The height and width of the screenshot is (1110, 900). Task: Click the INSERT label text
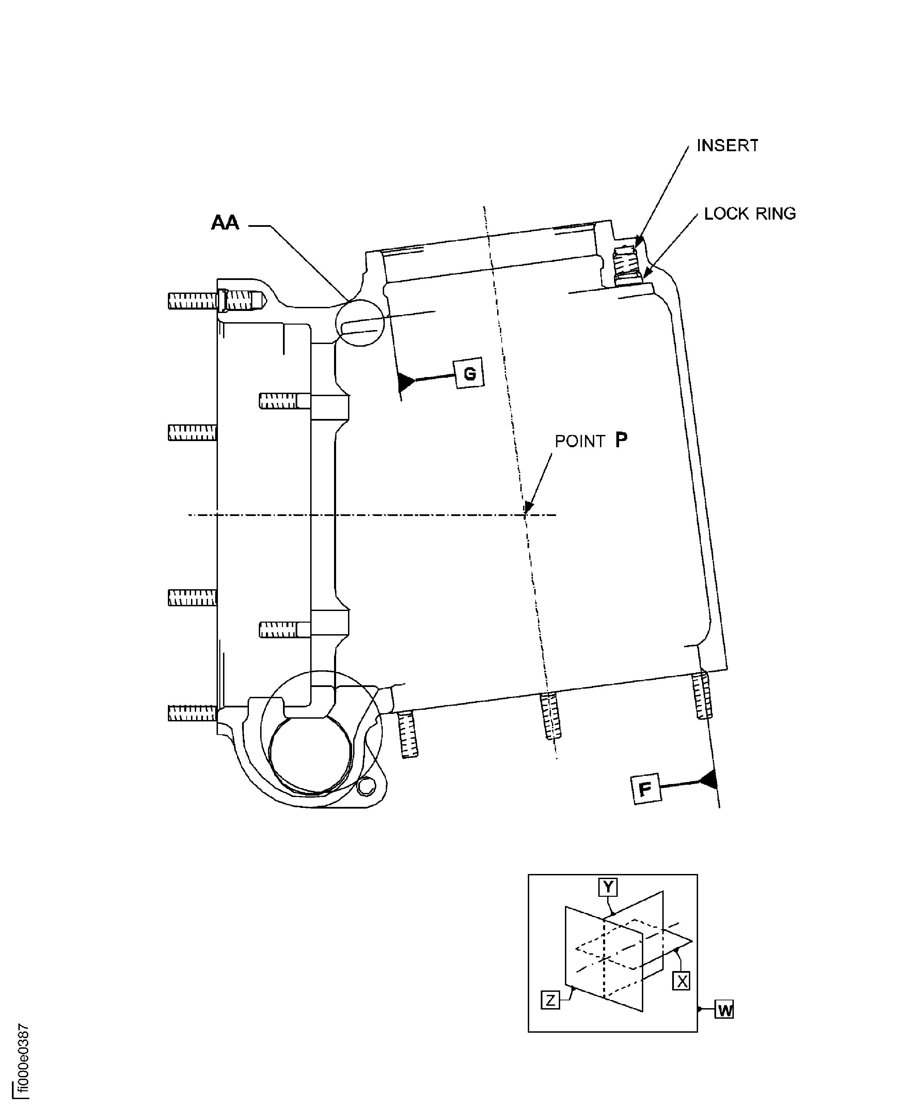pos(727,146)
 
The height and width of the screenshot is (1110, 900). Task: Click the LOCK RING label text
pos(749,214)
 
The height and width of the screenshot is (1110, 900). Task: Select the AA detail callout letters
pos(225,223)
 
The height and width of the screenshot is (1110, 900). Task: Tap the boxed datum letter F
pos(645,789)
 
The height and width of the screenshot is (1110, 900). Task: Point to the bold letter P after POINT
pos(621,440)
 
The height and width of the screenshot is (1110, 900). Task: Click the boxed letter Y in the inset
pos(608,887)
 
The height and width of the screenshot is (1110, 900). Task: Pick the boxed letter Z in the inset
pos(550,1000)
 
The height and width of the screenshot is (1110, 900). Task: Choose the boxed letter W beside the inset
pos(725,1010)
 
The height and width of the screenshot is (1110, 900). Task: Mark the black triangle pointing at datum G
pos(406,382)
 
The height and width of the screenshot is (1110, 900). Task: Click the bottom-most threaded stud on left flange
pos(192,714)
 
